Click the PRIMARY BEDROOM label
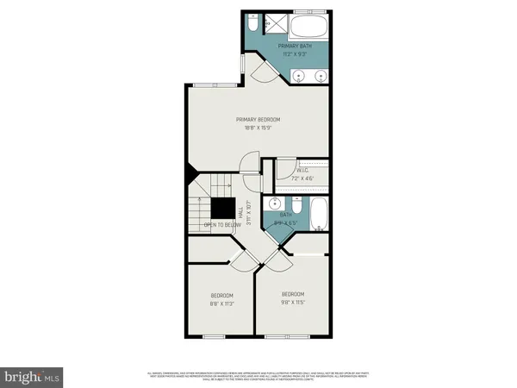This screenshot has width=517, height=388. [x=258, y=119]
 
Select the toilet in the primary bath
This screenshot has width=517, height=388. [x=255, y=22]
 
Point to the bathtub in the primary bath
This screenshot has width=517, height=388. [x=308, y=24]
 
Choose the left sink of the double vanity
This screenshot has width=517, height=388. [x=299, y=75]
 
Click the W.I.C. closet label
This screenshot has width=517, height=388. [x=302, y=171]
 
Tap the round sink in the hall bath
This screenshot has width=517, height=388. [x=275, y=204]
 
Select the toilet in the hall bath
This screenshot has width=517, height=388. [x=296, y=205]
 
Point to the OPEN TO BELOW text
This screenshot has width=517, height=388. [x=221, y=225]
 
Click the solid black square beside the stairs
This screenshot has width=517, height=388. [x=226, y=210]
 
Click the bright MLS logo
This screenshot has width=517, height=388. [x=32, y=377]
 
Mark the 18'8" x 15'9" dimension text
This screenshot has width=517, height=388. [x=258, y=128]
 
